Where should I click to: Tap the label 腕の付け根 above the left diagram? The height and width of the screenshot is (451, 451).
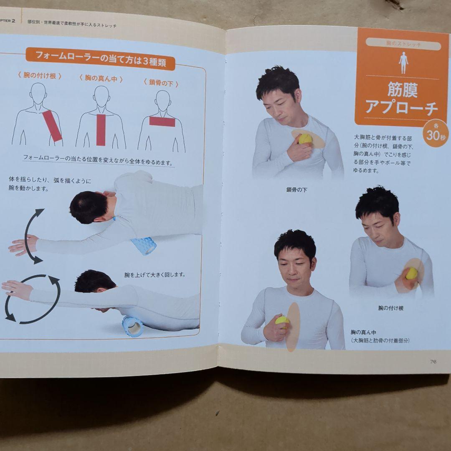(40, 76)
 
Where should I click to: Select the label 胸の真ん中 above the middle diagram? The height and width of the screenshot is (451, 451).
(101, 79)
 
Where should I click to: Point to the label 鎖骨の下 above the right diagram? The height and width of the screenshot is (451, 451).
(161, 84)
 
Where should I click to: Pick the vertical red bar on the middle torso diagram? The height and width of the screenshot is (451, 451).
(101, 129)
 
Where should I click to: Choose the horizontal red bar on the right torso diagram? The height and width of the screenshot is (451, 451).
(162, 122)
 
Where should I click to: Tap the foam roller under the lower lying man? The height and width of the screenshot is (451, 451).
(132, 326)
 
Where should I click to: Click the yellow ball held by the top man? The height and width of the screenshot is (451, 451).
(305, 139)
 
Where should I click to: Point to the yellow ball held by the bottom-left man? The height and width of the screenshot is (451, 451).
(282, 320)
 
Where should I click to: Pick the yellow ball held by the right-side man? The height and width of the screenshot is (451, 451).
(411, 273)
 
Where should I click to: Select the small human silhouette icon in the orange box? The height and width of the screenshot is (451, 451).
(403, 63)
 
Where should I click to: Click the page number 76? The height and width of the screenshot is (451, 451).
(433, 362)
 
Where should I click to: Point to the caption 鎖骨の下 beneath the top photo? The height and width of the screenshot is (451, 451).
(296, 190)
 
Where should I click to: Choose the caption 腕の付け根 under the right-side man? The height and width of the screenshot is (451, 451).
(390, 308)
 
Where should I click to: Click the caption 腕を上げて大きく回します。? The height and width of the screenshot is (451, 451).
(155, 275)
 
